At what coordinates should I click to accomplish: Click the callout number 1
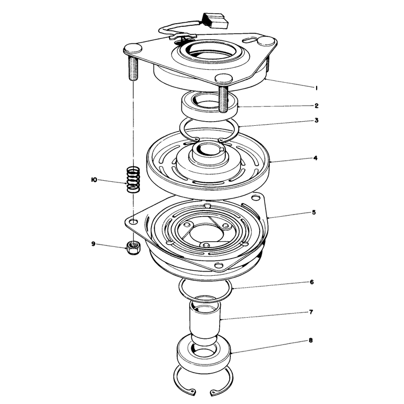(x=316, y=88)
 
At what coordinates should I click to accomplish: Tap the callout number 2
(x=317, y=106)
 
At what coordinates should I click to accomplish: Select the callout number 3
(x=317, y=120)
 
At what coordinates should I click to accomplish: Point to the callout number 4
(x=316, y=158)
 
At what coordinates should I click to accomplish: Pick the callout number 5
(x=314, y=213)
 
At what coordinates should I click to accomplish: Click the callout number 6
(x=312, y=282)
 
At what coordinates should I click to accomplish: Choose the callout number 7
(x=311, y=312)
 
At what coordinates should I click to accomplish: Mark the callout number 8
(x=311, y=340)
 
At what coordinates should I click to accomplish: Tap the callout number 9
(x=93, y=244)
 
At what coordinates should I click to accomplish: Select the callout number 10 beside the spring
(x=94, y=180)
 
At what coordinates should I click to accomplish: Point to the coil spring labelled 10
(x=133, y=180)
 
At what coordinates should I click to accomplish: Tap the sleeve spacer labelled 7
(x=205, y=321)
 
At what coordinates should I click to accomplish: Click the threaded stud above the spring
(x=132, y=69)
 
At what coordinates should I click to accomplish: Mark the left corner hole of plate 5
(x=133, y=222)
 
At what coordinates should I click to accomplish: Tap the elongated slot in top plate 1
(x=250, y=40)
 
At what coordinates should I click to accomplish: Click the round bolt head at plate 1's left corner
(x=133, y=48)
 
